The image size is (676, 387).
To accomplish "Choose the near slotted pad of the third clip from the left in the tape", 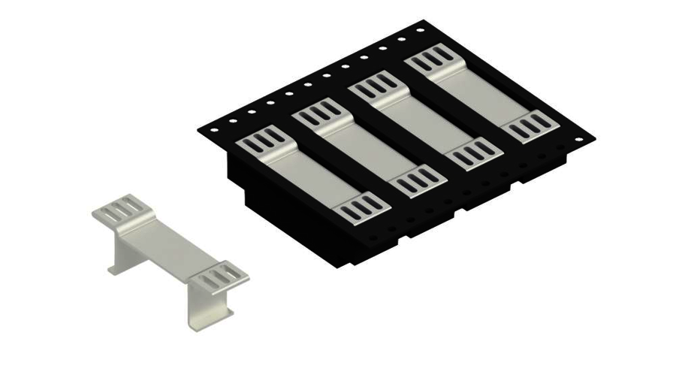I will click(474, 153).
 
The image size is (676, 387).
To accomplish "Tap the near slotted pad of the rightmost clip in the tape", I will click(533, 126).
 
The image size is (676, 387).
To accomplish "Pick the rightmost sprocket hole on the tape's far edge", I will click(421, 29).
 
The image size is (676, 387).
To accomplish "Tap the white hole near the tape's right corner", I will click(578, 141).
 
